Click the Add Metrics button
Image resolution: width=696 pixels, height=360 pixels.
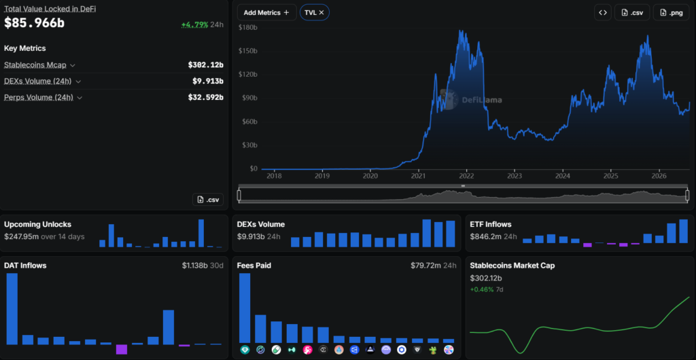point(266,12)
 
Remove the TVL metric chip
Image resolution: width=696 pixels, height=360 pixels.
point(321,12)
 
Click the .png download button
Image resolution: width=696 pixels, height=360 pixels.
point(671,12)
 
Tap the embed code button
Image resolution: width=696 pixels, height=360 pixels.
point(603,12)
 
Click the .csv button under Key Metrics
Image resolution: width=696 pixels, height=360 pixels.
point(208,200)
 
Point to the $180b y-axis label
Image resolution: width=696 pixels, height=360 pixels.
point(247,27)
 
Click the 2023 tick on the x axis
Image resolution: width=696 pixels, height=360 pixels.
point(515,175)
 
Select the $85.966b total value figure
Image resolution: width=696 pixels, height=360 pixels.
point(34,23)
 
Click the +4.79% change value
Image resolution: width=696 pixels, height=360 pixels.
point(194,25)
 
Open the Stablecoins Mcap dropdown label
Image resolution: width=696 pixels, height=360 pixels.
point(35,65)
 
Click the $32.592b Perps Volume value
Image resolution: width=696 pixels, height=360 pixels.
point(205,97)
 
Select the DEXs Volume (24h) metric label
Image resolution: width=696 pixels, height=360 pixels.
point(39,81)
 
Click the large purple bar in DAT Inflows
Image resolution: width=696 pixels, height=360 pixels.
point(122,349)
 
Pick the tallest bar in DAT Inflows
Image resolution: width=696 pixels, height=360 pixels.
point(12,309)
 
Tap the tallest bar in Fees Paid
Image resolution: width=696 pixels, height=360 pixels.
point(245,308)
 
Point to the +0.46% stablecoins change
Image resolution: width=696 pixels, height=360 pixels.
point(482,289)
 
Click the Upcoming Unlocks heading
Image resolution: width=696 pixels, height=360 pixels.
point(38,224)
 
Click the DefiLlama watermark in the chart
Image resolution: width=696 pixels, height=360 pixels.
point(471,99)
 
